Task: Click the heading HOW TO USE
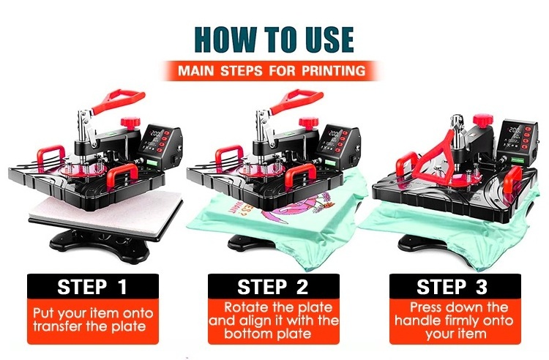pyautogui.click(x=274, y=40)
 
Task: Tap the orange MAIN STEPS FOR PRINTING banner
pyautogui.click(x=272, y=71)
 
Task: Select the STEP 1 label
pyautogui.click(x=92, y=287)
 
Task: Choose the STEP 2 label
pyautogui.click(x=273, y=287)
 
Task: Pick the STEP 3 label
pyautogui.click(x=452, y=287)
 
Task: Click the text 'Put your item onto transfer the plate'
pyautogui.click(x=93, y=320)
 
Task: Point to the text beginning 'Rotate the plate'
pyautogui.click(x=274, y=320)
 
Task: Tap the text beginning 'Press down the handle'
pyautogui.click(x=455, y=320)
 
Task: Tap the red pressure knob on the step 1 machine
pyautogui.click(x=130, y=123)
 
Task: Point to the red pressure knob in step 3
pyautogui.click(x=483, y=119)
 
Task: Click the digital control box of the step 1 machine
pyautogui.click(x=160, y=143)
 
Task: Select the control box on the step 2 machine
pyautogui.click(x=339, y=143)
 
